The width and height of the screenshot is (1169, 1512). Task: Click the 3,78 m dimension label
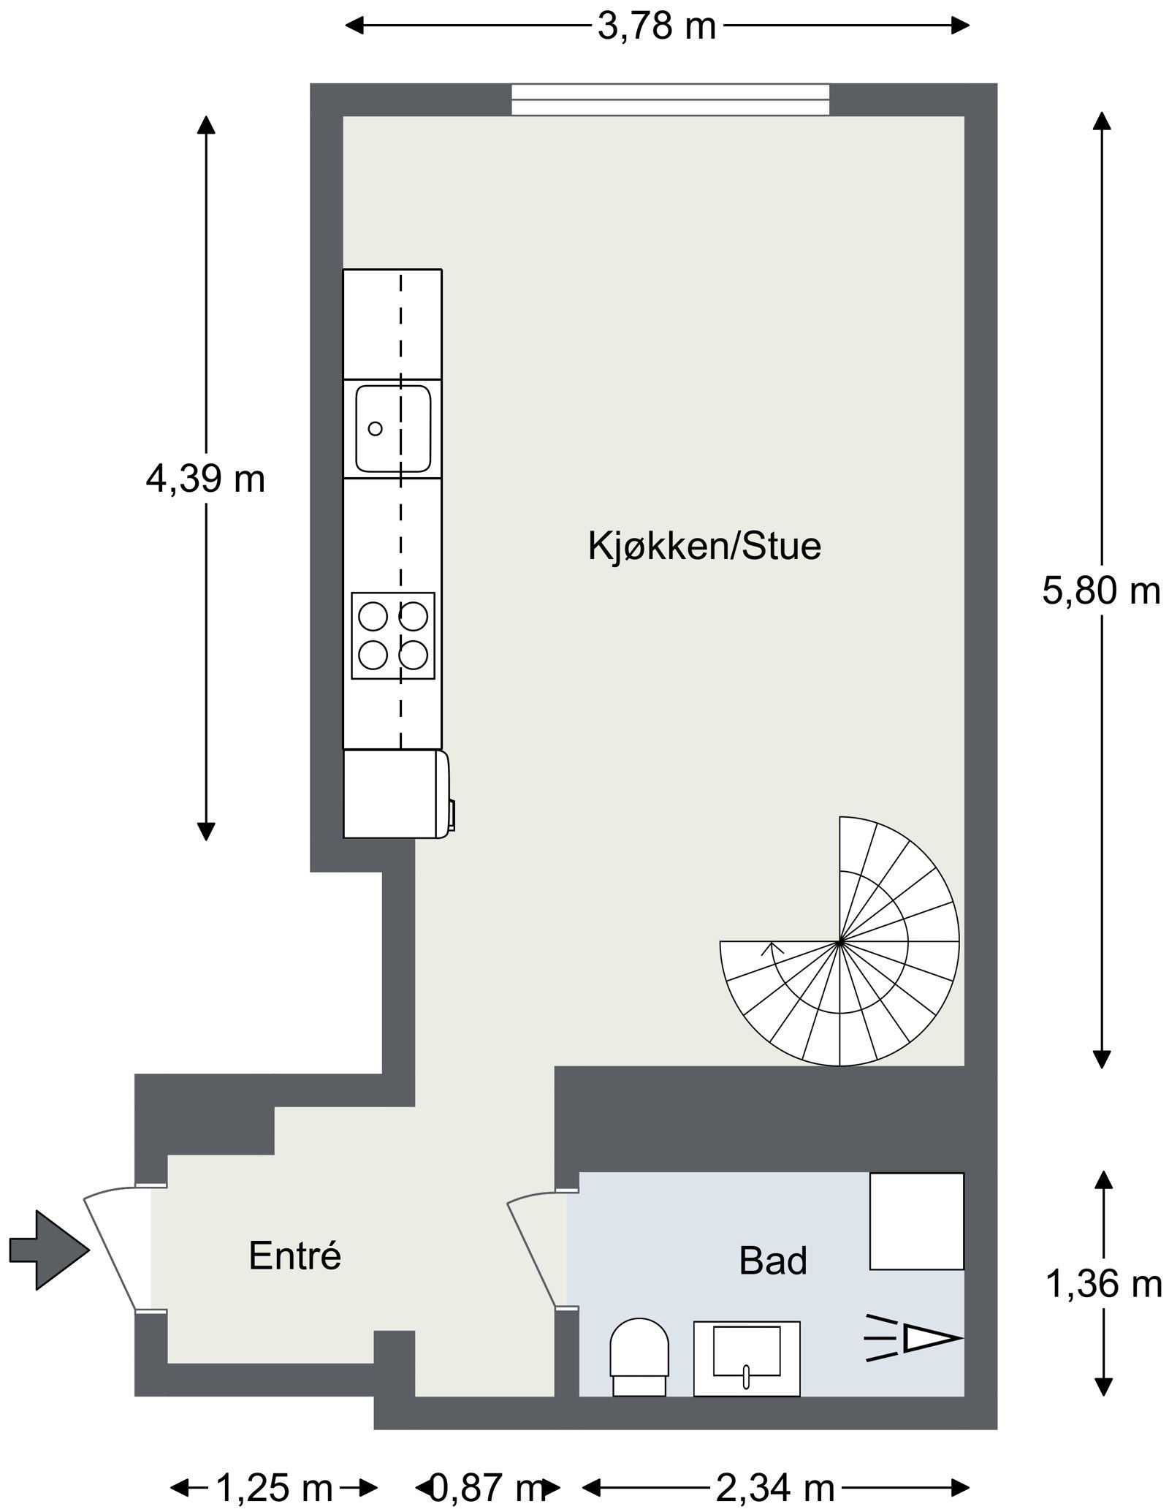[656, 27]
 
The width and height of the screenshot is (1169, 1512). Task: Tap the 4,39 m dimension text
[205, 480]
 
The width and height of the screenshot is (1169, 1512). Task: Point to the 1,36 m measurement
[1103, 1284]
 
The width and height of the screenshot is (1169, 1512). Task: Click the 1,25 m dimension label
[274, 1486]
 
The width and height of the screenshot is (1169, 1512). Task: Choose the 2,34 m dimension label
[775, 1486]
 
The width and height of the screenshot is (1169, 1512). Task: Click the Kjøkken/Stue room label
[704, 547]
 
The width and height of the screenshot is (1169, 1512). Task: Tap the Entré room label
[295, 1255]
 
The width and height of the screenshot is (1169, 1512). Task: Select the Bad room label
[772, 1261]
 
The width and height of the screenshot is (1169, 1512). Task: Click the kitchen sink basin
[393, 429]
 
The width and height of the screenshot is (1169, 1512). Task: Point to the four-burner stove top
[393, 636]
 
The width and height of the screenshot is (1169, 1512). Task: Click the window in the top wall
[670, 100]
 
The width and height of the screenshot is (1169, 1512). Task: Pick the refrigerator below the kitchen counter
[395, 794]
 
